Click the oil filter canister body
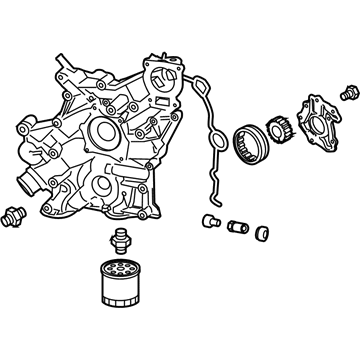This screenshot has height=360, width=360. click(x=120, y=291)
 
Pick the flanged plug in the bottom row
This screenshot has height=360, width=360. click(x=208, y=220)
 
